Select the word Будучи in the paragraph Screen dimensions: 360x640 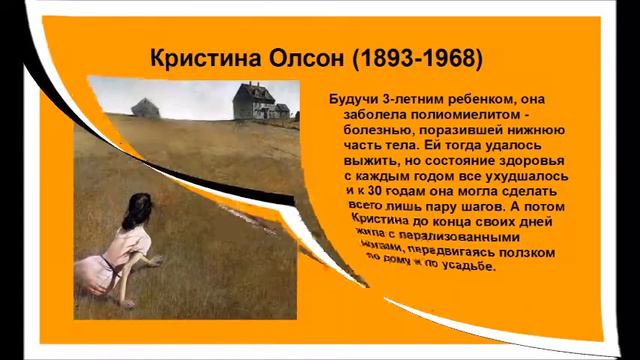coord(354,99)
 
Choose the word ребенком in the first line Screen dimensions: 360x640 coord(482,99)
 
